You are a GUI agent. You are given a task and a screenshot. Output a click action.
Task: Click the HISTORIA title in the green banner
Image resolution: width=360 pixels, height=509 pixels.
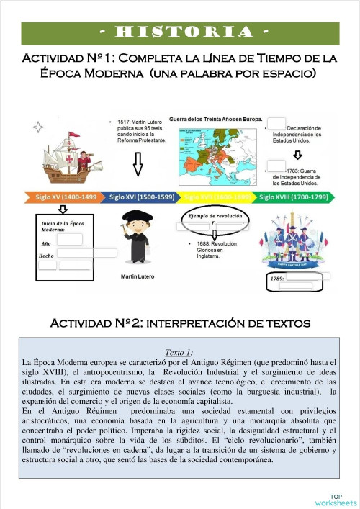[180, 33]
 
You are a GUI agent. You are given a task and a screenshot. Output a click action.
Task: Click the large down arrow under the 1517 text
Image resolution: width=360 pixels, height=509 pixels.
[138, 165]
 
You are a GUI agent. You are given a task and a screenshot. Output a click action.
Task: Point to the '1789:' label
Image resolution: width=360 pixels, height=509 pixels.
[278, 277]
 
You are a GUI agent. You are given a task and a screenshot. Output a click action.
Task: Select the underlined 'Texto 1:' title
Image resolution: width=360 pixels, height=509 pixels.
[179, 352]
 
